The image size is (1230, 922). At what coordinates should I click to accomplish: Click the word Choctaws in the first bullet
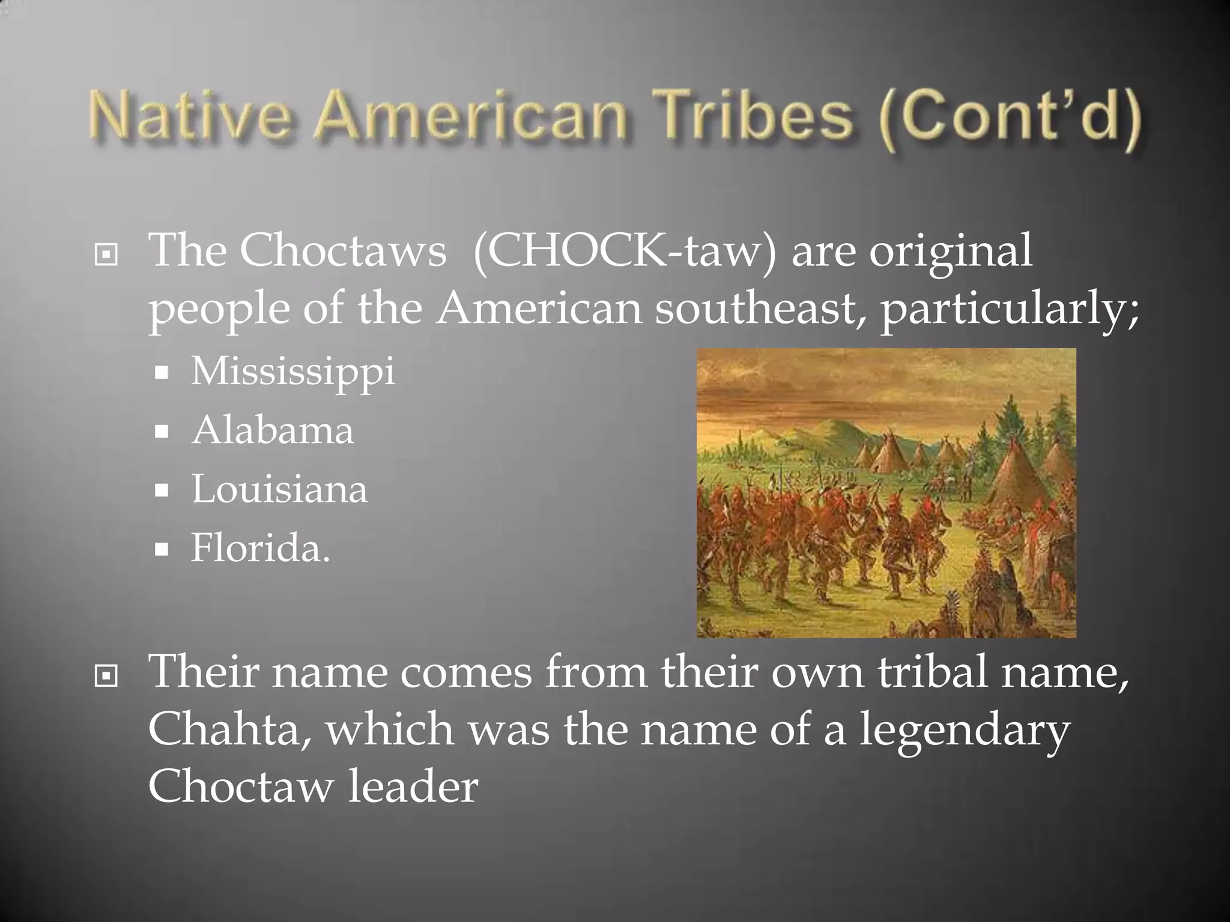pos(343,250)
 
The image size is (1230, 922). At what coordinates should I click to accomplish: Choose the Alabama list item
pos(273,430)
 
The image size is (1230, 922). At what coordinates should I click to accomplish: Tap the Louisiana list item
pos(279,489)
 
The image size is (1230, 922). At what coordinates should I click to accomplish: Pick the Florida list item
pos(261,547)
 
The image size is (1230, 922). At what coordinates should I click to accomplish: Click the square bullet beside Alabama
pos(161,432)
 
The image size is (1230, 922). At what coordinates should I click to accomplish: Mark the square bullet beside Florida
pos(161,549)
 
